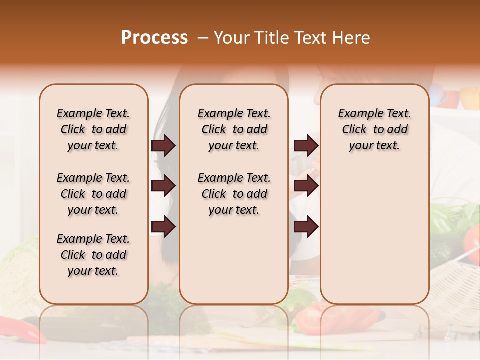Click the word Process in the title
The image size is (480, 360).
pyautogui.click(x=154, y=38)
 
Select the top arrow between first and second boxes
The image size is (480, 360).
pyautogui.click(x=163, y=146)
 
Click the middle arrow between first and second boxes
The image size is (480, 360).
pyautogui.click(x=163, y=186)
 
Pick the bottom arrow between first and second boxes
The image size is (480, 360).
pyautogui.click(x=163, y=227)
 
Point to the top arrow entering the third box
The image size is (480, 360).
pyautogui.click(x=306, y=146)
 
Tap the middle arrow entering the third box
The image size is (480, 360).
pyautogui.click(x=306, y=186)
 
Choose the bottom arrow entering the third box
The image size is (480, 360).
pyautogui.click(x=306, y=227)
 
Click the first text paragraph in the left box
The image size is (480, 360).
pyautogui.click(x=93, y=129)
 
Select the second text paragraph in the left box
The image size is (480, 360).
pyautogui.click(x=93, y=194)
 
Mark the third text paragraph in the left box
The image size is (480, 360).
pyautogui.click(x=93, y=255)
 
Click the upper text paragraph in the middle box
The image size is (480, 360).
pyautogui.click(x=234, y=129)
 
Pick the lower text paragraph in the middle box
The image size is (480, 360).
pyautogui.click(x=234, y=194)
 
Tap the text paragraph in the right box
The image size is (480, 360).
pyautogui.click(x=374, y=129)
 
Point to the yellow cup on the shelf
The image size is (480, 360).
pyautogui.click(x=469, y=98)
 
